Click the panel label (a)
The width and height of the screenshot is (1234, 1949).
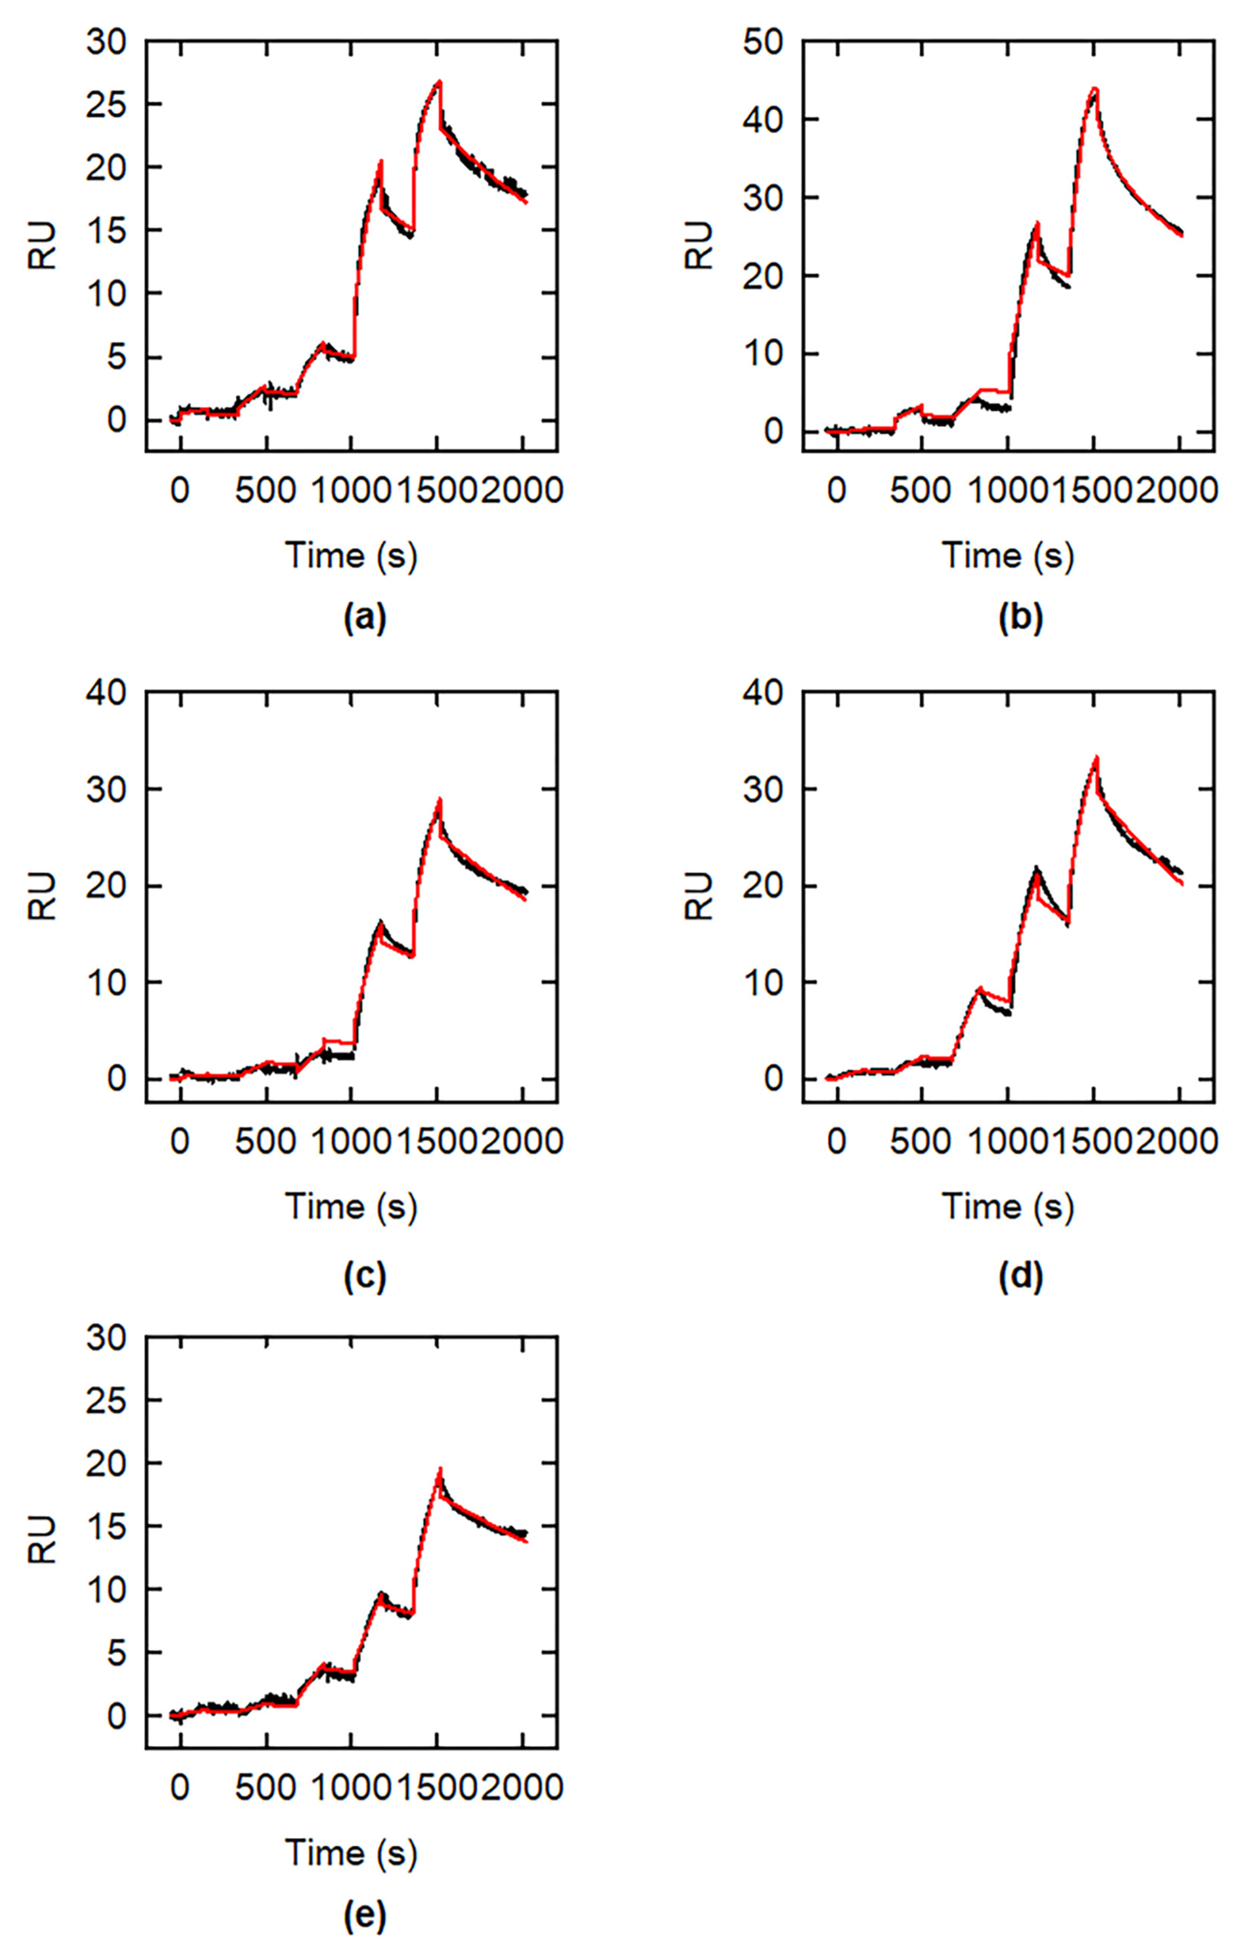365,619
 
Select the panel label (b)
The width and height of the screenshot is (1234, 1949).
1021,619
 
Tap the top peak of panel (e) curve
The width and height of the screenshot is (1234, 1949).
439,1469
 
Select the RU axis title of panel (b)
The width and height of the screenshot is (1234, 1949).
701,245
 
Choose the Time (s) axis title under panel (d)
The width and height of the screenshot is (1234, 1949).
1007,1207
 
